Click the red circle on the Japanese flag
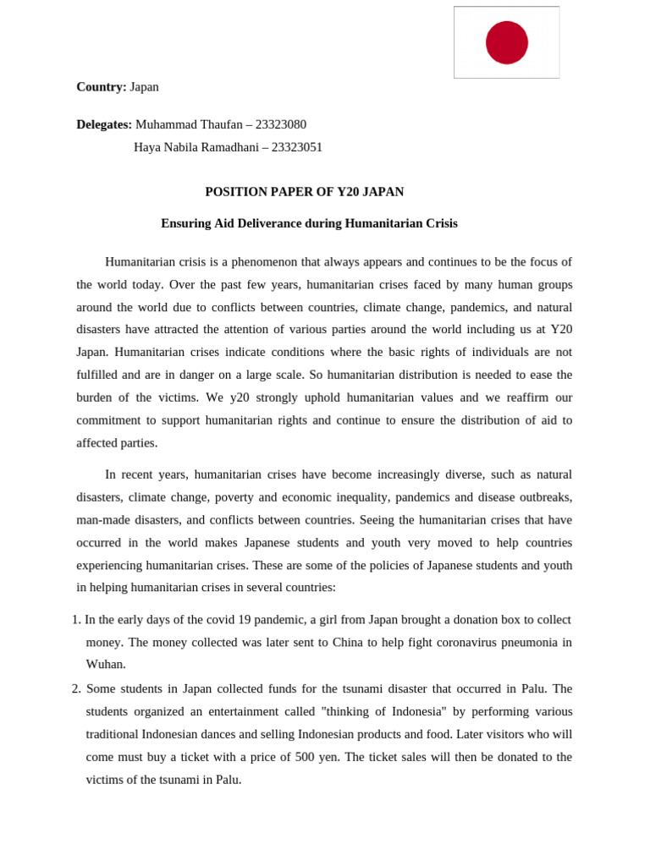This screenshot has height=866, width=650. coord(506,42)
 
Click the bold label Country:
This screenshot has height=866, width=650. coord(101,86)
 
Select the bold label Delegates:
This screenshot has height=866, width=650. coord(104,124)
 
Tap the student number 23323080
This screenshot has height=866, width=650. coord(281,124)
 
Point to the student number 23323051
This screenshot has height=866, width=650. coord(297,147)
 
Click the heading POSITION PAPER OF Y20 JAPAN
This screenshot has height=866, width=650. coord(304,192)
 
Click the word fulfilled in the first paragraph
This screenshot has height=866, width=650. coord(97,375)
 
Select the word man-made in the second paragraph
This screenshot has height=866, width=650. coord(101,520)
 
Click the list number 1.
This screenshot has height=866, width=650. coord(75,620)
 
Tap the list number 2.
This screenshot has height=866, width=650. coord(75,689)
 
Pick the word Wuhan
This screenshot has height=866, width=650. coord(105,665)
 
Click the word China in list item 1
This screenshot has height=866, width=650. coord(347,643)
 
